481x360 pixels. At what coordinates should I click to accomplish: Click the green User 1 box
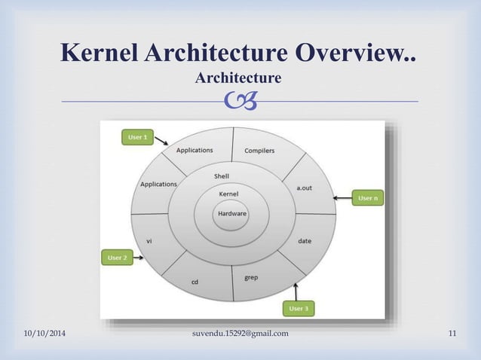pyautogui.click(x=137, y=137)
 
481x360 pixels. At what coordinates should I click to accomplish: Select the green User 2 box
pyautogui.click(x=117, y=258)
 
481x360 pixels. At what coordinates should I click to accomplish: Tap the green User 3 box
pyautogui.click(x=298, y=308)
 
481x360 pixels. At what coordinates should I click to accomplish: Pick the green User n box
pyautogui.click(x=367, y=198)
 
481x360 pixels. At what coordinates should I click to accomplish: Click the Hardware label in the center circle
pyautogui.click(x=231, y=213)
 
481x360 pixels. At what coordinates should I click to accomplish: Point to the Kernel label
pyautogui.click(x=228, y=194)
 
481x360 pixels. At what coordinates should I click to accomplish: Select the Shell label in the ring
pyautogui.click(x=222, y=176)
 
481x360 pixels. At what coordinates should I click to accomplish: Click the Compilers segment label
pyautogui.click(x=259, y=151)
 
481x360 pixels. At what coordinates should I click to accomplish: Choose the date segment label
pyautogui.click(x=305, y=241)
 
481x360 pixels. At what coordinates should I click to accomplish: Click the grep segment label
pyautogui.click(x=251, y=277)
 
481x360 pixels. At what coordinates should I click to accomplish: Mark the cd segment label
pyautogui.click(x=195, y=282)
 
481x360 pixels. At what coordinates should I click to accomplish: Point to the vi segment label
pyautogui.click(x=149, y=241)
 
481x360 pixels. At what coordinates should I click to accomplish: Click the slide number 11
pyautogui.click(x=452, y=334)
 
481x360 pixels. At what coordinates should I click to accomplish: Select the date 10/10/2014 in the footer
pyautogui.click(x=44, y=334)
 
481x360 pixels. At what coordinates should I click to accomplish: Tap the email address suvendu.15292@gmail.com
pyautogui.click(x=240, y=334)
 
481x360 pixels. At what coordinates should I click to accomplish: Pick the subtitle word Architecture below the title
pyautogui.click(x=237, y=78)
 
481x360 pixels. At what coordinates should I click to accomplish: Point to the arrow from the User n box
pyautogui.click(x=342, y=198)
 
